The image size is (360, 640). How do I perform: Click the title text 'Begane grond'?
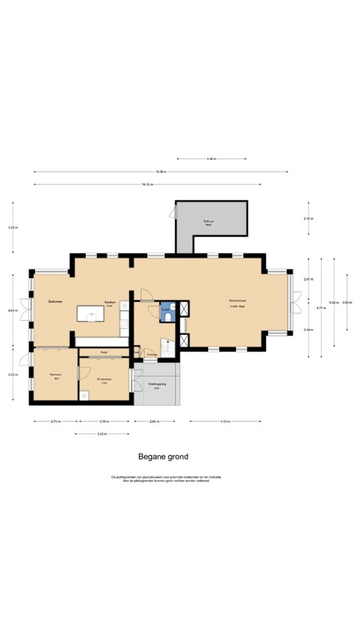163,457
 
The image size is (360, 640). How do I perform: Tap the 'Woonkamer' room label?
237,301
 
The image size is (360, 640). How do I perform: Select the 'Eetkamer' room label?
56,301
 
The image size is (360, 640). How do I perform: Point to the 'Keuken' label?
109,302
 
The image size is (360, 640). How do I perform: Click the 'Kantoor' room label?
55,374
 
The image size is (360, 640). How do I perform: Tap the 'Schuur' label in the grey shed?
208,222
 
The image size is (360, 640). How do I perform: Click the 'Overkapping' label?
156,384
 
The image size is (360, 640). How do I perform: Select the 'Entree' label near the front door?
152,354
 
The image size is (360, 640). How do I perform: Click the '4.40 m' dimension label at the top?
212,158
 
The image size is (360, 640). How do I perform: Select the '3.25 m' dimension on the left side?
12,227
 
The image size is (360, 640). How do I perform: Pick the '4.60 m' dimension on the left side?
12,310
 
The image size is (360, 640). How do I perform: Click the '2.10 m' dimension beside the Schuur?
307,218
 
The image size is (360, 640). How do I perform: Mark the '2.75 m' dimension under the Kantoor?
55,422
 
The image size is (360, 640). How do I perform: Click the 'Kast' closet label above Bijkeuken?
104,352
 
